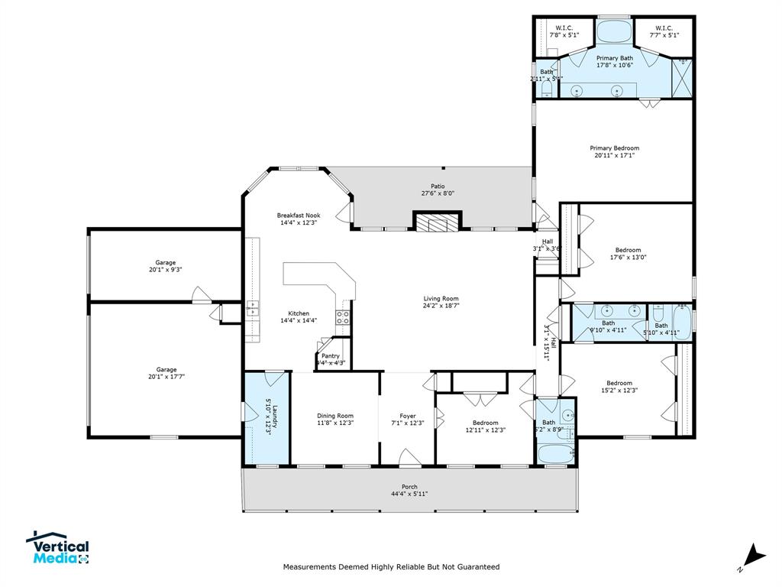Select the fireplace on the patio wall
click(x=438, y=222)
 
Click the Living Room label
click(x=441, y=299)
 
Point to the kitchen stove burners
click(x=343, y=317)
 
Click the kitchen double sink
click(x=252, y=309)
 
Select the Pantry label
click(x=331, y=356)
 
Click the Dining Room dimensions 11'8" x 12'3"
click(x=335, y=423)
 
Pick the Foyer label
click(x=408, y=416)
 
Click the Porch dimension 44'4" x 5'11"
click(x=409, y=494)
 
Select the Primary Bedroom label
click(x=614, y=148)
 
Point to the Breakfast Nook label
click(x=298, y=216)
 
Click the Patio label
click(x=438, y=186)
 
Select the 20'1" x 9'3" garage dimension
click(x=166, y=270)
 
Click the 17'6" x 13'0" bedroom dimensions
click(x=628, y=258)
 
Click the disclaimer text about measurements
click(x=391, y=567)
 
